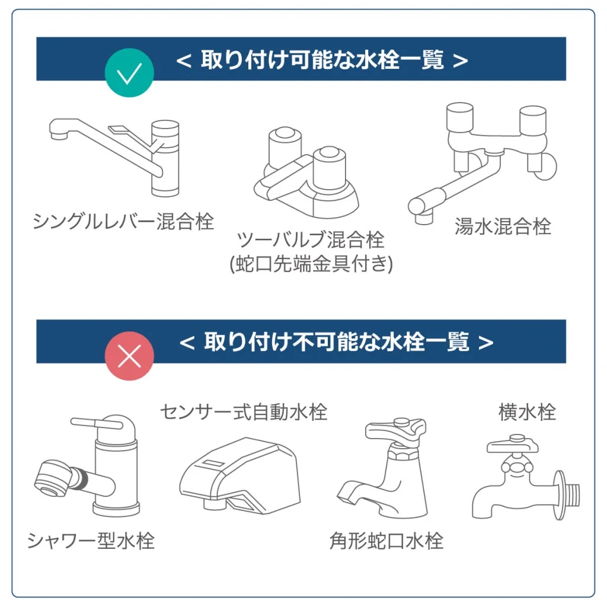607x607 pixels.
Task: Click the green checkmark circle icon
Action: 129,74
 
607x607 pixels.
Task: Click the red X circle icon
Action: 129,356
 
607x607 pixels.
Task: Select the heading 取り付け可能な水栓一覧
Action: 322,60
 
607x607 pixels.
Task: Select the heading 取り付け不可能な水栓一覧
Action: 336,342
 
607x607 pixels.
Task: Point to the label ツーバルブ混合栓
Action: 311,239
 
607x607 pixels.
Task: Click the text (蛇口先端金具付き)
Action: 311,263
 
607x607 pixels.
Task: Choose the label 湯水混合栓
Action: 503,226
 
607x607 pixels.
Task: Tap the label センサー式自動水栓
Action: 243,411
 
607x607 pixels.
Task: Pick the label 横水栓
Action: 527,412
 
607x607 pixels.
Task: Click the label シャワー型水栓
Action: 91,541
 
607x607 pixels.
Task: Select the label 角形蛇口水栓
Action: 386,541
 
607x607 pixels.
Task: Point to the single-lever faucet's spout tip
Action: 57,135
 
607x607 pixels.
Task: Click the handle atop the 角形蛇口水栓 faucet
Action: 395,428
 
